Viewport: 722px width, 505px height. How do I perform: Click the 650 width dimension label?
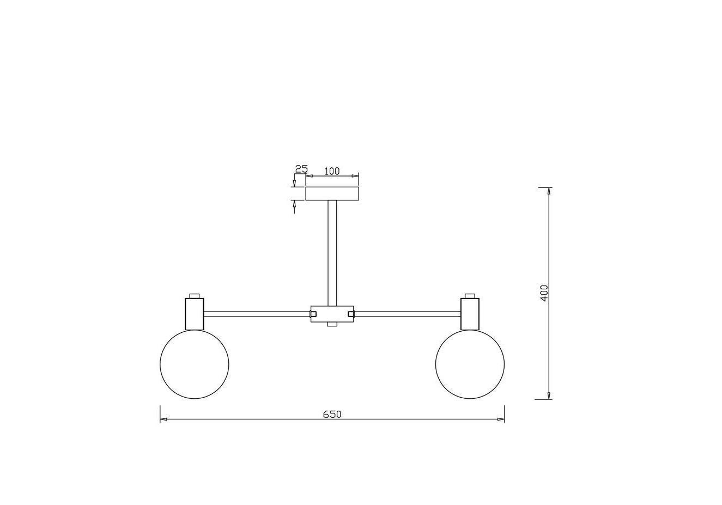coord(332,414)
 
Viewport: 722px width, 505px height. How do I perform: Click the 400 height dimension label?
coord(544,293)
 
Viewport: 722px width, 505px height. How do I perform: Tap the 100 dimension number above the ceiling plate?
coord(332,171)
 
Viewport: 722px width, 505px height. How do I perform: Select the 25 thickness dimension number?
coord(301,169)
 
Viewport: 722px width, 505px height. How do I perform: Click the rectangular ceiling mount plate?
coord(332,194)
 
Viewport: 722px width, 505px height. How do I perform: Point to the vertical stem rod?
coord(332,253)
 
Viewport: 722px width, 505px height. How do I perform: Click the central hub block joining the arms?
coord(332,314)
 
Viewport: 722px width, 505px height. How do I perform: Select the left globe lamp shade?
coord(195,364)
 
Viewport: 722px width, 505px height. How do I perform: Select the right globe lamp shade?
coord(470,364)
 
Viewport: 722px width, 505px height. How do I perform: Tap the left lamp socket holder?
coord(195,314)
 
